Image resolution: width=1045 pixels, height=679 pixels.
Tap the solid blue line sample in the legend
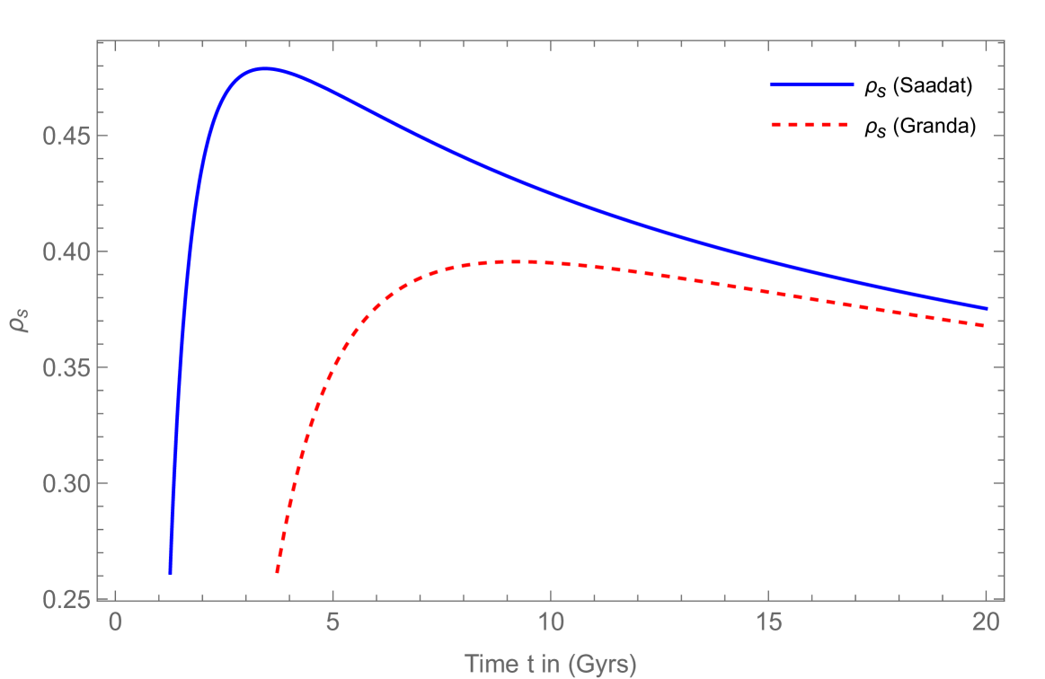coord(811,84)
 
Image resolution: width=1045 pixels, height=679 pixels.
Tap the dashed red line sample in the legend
coord(810,125)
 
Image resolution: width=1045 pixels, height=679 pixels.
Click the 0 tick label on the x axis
coord(115,622)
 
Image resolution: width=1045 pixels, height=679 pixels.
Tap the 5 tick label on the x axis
coord(332,622)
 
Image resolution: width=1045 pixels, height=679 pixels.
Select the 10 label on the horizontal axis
coord(550,622)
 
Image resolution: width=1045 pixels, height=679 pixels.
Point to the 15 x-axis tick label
coord(768,622)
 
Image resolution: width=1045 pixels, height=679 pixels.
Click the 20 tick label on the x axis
coord(986,622)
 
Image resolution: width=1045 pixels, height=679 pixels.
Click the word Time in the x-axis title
coord(489,664)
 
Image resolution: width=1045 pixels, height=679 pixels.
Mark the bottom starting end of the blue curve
coord(170,572)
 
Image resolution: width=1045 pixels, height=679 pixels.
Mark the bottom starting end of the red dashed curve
coord(278,572)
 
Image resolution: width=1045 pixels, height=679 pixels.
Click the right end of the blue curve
coord(987,309)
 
